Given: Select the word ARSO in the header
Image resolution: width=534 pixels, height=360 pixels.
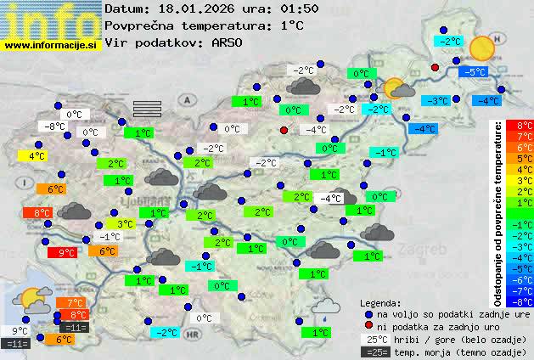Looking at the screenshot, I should [229, 42].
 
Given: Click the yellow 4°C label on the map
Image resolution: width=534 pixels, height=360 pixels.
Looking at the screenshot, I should [35, 156].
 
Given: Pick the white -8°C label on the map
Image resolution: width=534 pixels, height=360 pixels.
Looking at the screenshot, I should [55, 127].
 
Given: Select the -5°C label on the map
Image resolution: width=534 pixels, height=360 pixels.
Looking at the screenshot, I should [473, 72].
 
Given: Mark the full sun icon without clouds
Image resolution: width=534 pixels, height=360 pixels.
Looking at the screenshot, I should [481, 47].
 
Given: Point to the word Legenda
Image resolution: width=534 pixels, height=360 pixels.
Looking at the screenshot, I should [381, 302].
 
